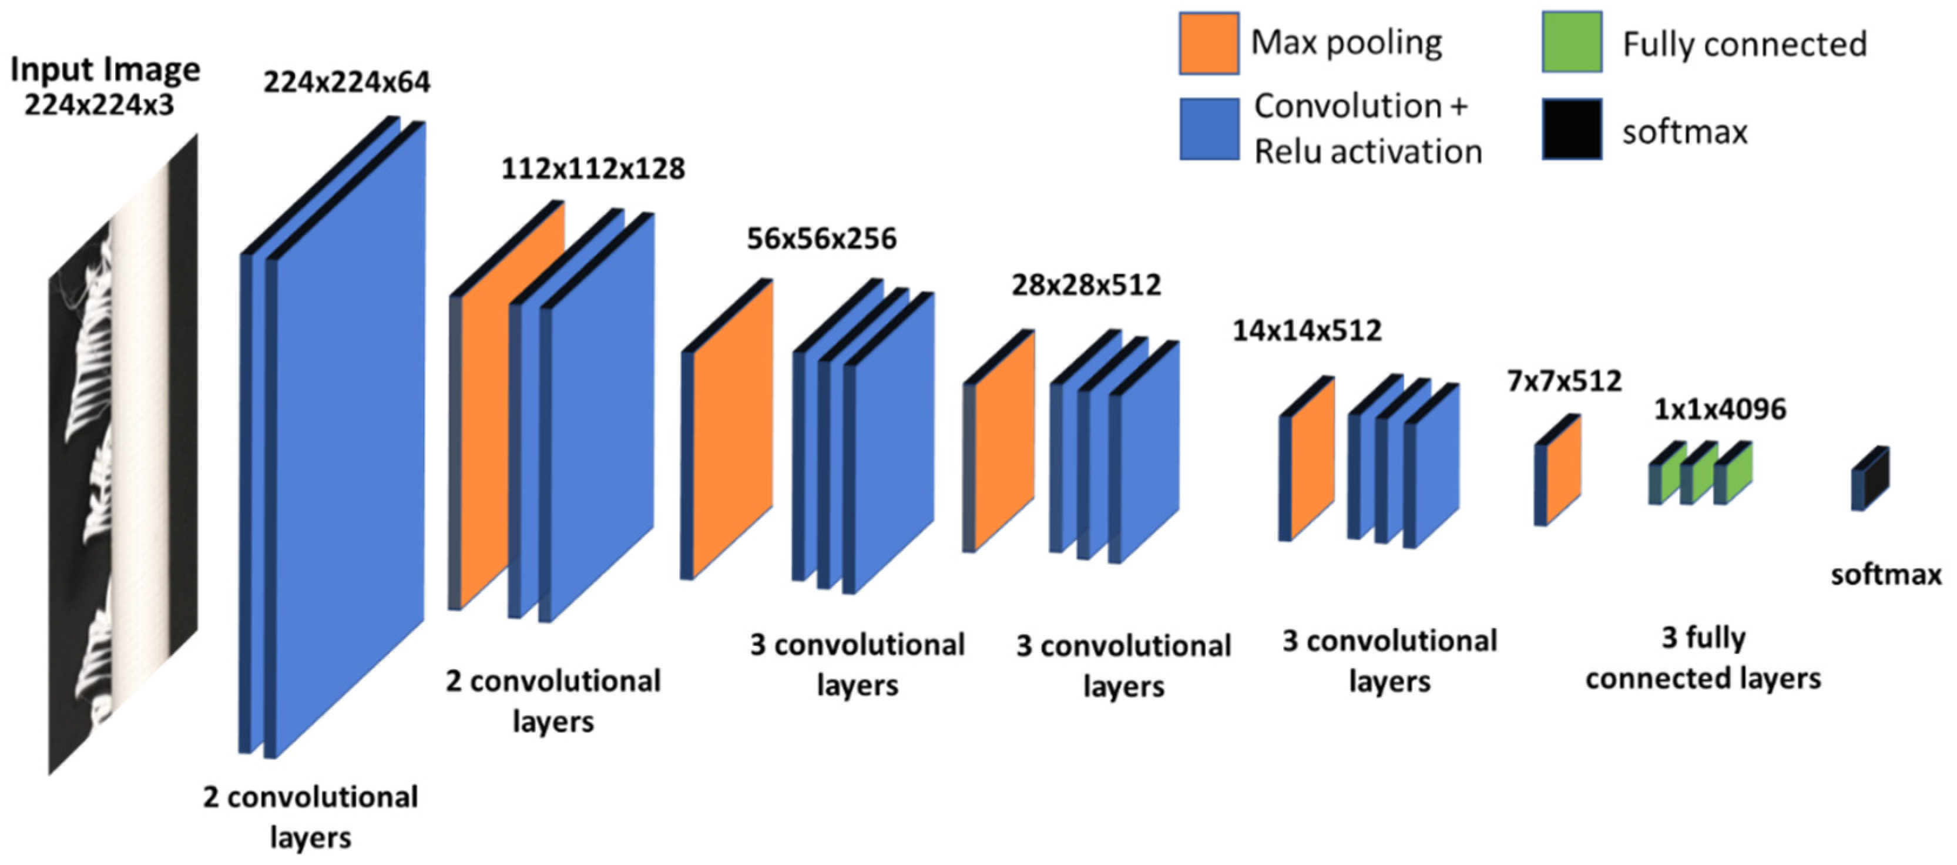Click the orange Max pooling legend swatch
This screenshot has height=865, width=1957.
point(1209,43)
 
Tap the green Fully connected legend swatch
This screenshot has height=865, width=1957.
point(1572,42)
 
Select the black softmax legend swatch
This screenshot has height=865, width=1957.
point(1572,129)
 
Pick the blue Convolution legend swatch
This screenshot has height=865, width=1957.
point(1209,129)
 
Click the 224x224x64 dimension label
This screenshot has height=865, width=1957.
point(347,82)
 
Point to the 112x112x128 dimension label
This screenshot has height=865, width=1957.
point(593,169)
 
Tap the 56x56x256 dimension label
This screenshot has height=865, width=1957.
point(821,239)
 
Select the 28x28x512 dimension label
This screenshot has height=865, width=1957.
point(1086,285)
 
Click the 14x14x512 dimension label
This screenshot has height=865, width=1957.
point(1307,331)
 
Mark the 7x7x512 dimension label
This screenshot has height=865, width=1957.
point(1564,381)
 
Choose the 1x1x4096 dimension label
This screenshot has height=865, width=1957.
point(1720,410)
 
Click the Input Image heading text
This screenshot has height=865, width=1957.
point(105,70)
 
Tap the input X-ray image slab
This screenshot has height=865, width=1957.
point(122,456)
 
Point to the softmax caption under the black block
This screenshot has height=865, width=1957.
point(1885,575)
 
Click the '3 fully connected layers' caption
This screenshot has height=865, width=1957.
point(1703,658)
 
